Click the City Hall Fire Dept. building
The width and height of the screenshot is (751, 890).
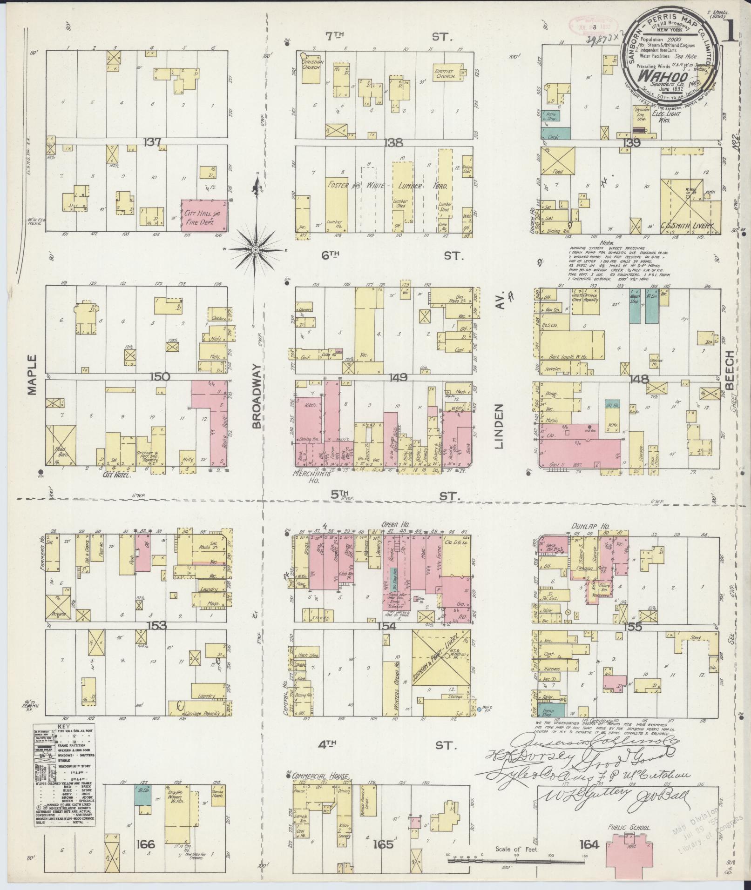coord(205,215)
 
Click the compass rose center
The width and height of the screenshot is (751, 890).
coord(255,250)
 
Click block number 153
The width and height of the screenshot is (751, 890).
coord(156,626)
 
